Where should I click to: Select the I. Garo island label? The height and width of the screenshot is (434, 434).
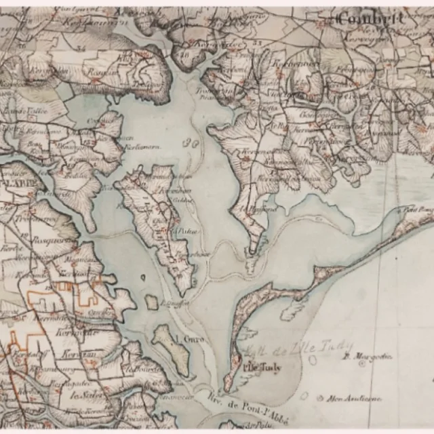coord(190,338)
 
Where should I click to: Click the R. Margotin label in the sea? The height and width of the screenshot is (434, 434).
coord(359,355)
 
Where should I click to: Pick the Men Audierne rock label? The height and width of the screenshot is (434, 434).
coord(353,398)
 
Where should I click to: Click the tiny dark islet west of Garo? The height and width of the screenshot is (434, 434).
coord(143,277)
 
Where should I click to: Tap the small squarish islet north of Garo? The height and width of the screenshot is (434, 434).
coord(151,301)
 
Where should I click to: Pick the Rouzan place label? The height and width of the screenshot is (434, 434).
coord(98,71)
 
